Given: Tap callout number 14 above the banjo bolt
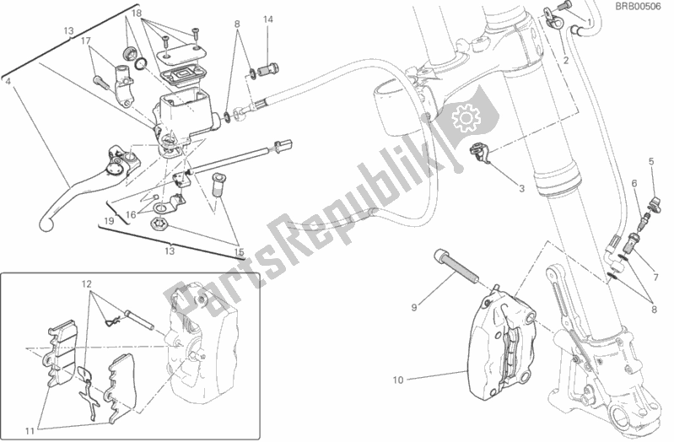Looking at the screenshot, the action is tap(268, 19).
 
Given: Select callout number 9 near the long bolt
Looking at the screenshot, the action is tap(414, 307).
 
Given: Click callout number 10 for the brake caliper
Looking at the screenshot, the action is tap(398, 380).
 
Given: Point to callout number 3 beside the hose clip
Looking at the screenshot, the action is tap(521, 188).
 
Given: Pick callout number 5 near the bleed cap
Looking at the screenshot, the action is tap(651, 162).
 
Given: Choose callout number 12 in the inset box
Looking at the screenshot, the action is tap(87, 283).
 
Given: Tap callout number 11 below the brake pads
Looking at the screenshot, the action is tap(30, 431).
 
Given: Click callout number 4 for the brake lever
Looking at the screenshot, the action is tap(8, 80).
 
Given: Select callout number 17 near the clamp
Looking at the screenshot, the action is tap(85, 41).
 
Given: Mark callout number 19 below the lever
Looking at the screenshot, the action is tap(109, 221).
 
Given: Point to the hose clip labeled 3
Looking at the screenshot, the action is tap(479, 152).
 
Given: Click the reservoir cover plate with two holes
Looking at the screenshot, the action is tap(181, 54).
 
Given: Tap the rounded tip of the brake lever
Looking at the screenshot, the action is tap(45, 223).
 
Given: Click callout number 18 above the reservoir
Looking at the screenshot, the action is tap(137, 13).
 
